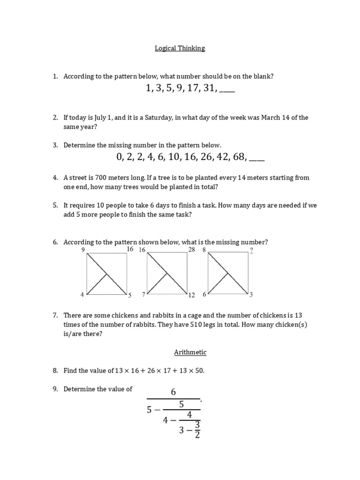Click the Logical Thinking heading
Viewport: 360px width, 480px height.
180,48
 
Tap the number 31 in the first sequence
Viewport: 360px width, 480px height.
209,89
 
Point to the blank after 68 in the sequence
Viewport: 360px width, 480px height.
256,158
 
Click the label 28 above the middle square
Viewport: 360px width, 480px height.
191,250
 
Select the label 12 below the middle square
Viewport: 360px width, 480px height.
191,295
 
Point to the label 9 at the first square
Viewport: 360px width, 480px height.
83,250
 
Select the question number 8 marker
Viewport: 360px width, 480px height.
55,371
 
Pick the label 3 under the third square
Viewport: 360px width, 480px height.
251,295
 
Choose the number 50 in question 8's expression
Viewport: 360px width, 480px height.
199,371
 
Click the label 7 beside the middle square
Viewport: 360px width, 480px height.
143,295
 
